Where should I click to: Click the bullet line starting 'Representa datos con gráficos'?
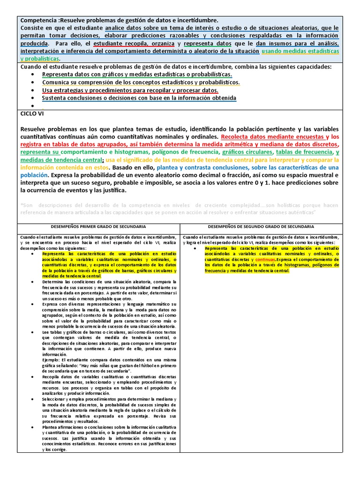137,75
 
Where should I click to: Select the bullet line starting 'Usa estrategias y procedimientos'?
130,90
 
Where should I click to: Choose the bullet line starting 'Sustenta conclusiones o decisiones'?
139,98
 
